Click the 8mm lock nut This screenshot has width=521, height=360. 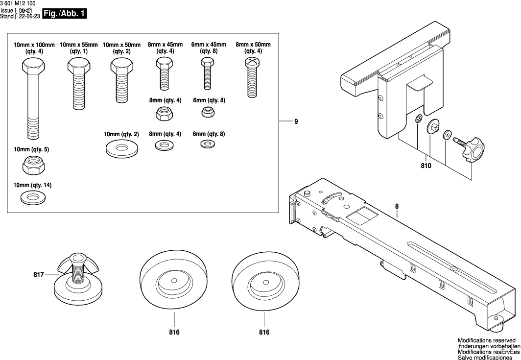164,114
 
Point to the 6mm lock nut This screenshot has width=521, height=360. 208,112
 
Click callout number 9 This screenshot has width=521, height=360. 296,121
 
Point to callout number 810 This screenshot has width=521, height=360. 426,167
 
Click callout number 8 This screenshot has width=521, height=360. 397,207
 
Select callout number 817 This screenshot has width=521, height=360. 38,275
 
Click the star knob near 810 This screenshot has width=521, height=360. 472,149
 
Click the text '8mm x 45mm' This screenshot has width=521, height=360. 164,45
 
